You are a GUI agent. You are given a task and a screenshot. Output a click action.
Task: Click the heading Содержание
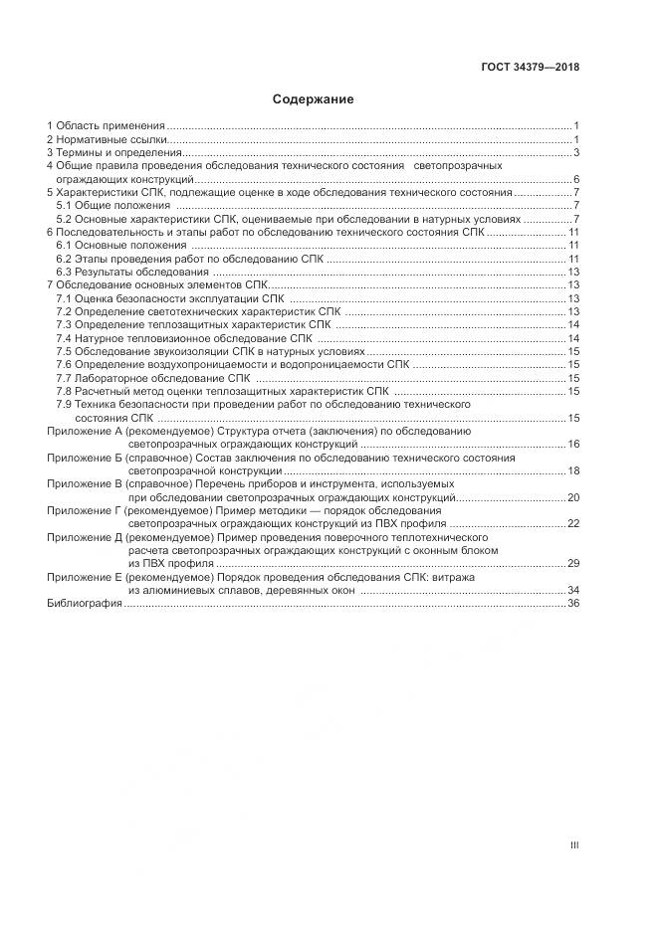tap(313, 99)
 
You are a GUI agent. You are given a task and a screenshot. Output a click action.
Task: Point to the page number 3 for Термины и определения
tap(576, 153)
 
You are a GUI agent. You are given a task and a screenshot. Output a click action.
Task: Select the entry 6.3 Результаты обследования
tap(132, 272)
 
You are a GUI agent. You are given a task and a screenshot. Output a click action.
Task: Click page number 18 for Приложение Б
tap(573, 470)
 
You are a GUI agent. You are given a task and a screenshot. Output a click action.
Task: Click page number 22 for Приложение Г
tap(573, 523)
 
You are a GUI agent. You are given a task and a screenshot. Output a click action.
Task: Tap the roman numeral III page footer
tap(574, 845)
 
